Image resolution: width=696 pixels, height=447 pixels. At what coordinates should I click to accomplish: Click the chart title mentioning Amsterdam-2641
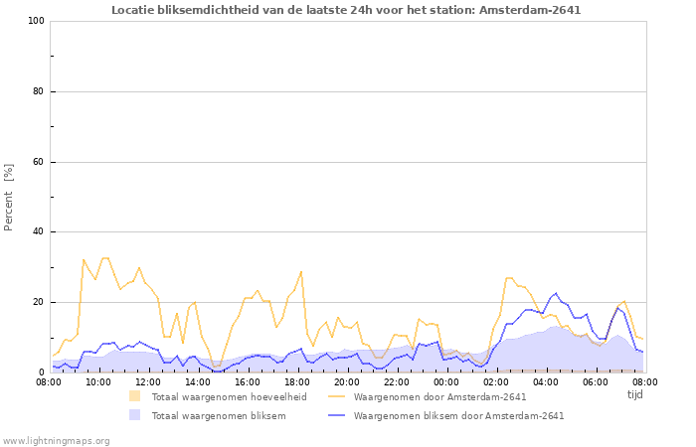click(x=346, y=10)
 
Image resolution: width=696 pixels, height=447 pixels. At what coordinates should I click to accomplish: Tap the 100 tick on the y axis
click(x=35, y=21)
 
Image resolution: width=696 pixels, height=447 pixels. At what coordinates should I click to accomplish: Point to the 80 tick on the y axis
click(x=38, y=91)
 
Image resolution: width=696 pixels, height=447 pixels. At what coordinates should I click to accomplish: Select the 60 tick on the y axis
click(x=38, y=162)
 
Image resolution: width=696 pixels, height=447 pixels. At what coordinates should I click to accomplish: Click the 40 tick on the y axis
click(x=38, y=232)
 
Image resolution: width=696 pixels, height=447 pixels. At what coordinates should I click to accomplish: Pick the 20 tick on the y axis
click(x=38, y=302)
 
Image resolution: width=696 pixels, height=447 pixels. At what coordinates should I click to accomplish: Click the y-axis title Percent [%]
click(x=9, y=197)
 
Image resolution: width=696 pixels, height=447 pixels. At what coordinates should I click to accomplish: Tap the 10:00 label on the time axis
click(x=98, y=381)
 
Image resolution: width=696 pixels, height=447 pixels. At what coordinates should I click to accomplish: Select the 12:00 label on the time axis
click(x=148, y=381)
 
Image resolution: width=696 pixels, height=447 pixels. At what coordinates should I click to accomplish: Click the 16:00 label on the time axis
click(x=248, y=381)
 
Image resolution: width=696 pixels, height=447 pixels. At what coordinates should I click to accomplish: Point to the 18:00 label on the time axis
click(x=297, y=381)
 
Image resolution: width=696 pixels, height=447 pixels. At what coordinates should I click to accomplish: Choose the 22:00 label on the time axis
click(x=397, y=381)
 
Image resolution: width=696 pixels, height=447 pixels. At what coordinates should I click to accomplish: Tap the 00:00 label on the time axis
click(x=446, y=381)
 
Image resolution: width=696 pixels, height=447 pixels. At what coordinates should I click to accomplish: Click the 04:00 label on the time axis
click(x=546, y=381)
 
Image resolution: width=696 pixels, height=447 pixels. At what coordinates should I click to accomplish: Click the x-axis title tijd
click(x=635, y=394)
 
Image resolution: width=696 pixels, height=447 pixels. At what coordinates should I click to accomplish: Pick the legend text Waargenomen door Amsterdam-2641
click(x=439, y=396)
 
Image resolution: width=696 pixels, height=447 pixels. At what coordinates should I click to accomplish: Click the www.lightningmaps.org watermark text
click(x=56, y=440)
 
